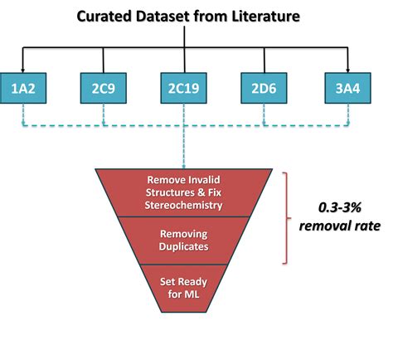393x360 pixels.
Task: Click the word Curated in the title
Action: click(105, 16)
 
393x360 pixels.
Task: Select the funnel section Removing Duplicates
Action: click(183, 240)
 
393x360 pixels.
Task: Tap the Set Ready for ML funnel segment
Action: click(183, 286)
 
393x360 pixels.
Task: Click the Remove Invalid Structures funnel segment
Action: click(183, 191)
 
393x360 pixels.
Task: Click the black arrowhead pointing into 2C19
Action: click(183, 68)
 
